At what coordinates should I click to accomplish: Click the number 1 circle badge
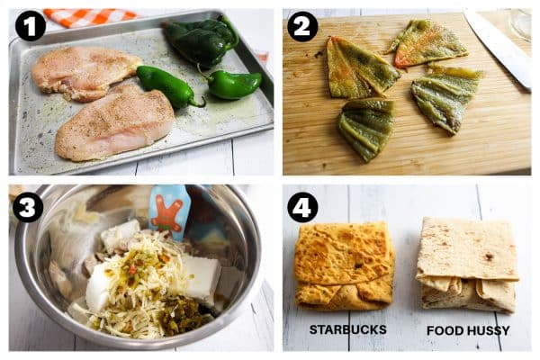click(x=31, y=26)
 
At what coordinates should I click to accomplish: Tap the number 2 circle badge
click(x=302, y=26)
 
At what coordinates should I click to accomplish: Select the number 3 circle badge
click(x=28, y=207)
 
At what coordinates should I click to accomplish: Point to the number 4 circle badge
click(x=302, y=207)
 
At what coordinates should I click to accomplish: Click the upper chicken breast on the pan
click(x=85, y=71)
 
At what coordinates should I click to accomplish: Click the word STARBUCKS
click(x=347, y=330)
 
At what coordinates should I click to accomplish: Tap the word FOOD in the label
click(x=444, y=330)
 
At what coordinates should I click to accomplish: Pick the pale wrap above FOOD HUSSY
click(x=466, y=263)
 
